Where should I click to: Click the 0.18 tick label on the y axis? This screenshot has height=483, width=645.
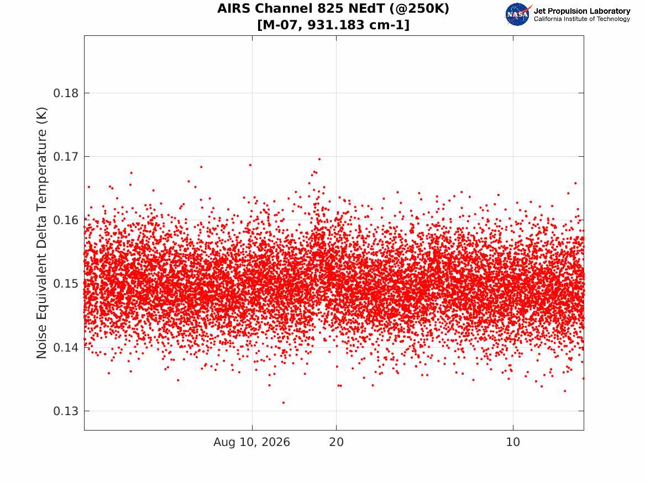tap(65, 93)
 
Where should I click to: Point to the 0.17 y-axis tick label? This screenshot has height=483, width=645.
tap(65, 157)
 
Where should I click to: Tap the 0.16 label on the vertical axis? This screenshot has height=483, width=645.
tap(65, 221)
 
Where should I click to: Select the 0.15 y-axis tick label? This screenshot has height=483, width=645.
tap(65, 284)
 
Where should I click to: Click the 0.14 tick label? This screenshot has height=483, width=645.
tap(65, 347)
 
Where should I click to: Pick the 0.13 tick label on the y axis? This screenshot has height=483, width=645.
tap(65, 411)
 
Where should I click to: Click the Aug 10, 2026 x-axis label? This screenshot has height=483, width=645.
tap(251, 442)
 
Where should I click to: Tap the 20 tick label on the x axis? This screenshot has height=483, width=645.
tap(337, 442)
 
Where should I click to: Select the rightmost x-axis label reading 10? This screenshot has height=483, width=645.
tap(513, 442)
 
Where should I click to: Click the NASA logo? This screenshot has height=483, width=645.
tap(518, 14)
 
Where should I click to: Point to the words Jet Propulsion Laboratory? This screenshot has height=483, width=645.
tap(581, 11)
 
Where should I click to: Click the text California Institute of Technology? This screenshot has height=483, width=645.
tap(581, 19)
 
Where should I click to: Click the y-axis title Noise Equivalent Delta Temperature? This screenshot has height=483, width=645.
tap(41, 233)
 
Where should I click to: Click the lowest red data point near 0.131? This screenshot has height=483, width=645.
tap(284, 403)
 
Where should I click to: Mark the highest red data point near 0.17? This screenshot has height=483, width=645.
tap(319, 159)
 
